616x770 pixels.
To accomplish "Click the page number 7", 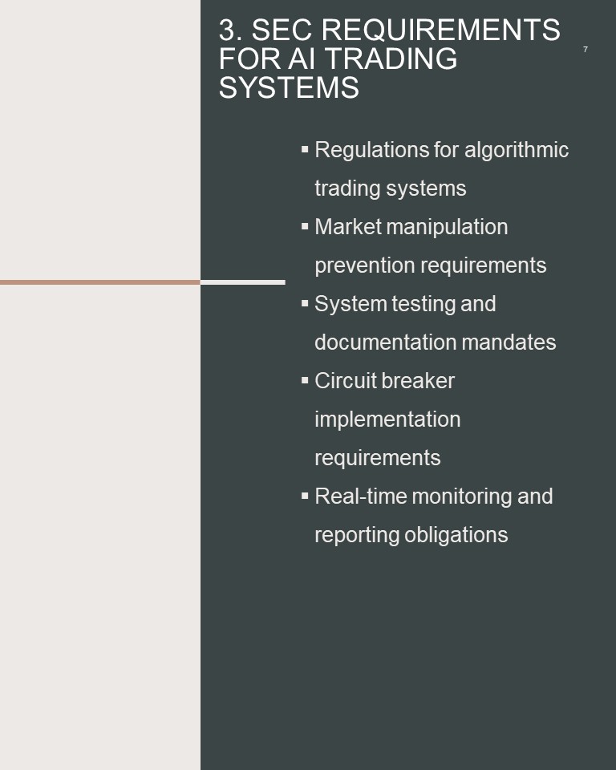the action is (585, 49).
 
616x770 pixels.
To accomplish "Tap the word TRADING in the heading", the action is (391, 59).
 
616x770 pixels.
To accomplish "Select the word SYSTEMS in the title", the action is (289, 88).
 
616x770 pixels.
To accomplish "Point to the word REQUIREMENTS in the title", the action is (440, 30).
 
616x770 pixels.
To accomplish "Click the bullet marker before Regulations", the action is (305, 149).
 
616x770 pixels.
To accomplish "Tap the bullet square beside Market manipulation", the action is (305, 226).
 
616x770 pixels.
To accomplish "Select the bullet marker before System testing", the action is (305, 303).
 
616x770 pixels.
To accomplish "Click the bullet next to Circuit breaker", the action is (305, 380).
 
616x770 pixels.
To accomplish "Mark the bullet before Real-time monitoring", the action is (305, 496).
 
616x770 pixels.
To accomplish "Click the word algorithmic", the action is (517, 150).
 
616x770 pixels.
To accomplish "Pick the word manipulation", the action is (447, 227).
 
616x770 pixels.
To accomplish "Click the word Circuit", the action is (345, 381).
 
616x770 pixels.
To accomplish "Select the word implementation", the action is (387, 419).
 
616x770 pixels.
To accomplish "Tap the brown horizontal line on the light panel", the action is (100, 282).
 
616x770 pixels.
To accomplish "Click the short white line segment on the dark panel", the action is (243, 282).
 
